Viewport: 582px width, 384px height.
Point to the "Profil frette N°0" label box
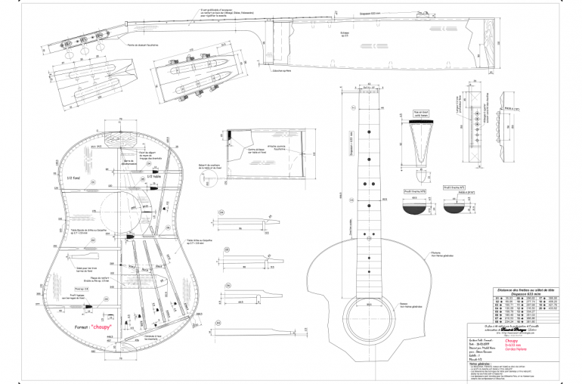point(408,194)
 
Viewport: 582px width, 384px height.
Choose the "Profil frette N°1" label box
point(453,186)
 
